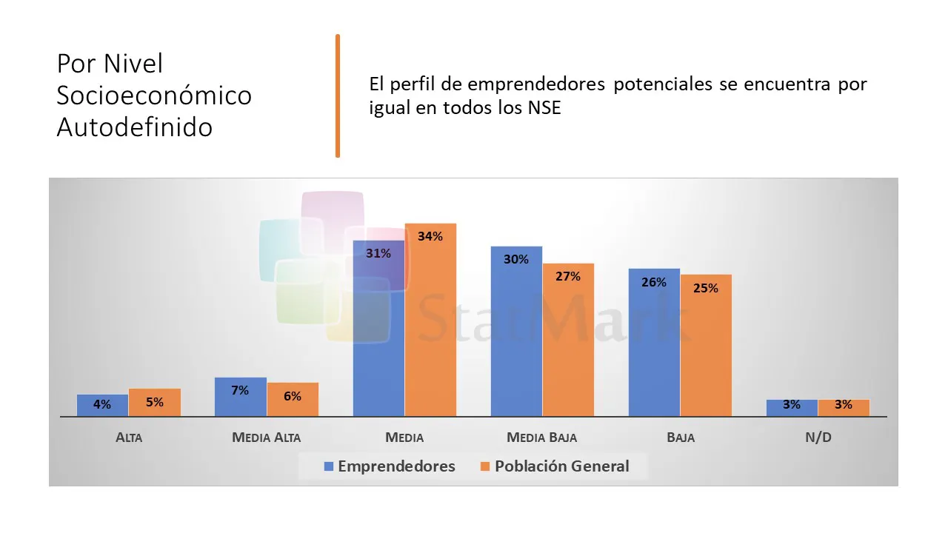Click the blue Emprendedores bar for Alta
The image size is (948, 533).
click(102, 405)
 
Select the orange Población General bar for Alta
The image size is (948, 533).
click(155, 402)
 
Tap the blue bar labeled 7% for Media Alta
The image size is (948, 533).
click(240, 397)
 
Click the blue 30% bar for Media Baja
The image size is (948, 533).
click(516, 331)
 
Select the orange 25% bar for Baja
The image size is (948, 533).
click(706, 345)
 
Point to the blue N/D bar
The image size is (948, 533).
click(792, 407)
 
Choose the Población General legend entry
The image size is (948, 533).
click(554, 466)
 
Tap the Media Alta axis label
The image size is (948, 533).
click(267, 438)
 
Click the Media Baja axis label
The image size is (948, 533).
click(541, 438)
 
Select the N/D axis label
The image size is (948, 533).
click(818, 438)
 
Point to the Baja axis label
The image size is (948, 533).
click(680, 438)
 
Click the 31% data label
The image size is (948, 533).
click(378, 253)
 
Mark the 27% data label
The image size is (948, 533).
click(568, 276)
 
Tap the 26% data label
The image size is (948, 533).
click(654, 282)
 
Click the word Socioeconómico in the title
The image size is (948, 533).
click(154, 95)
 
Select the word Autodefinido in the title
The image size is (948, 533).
click(135, 127)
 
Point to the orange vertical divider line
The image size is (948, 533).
click(338, 95)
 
